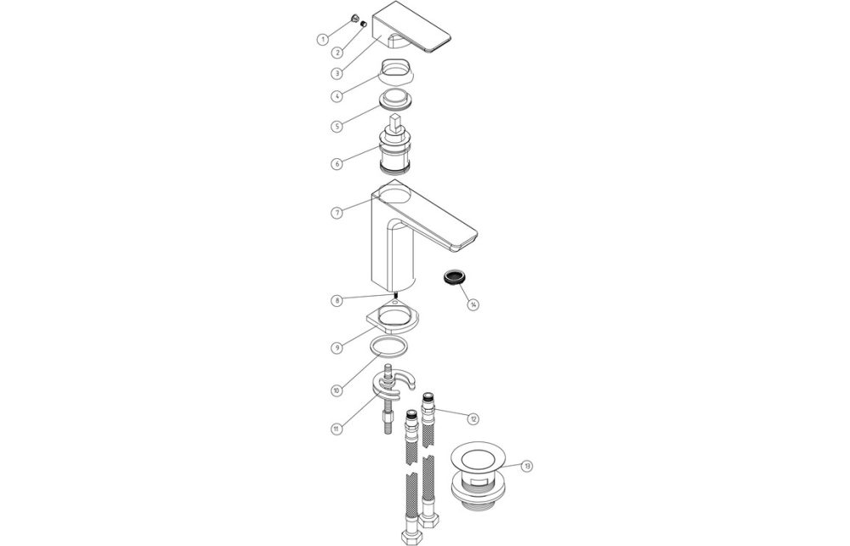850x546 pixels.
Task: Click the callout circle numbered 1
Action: point(322,38)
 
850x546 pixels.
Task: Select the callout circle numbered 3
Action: point(337,74)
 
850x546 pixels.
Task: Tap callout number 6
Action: point(337,163)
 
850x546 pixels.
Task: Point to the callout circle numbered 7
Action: point(337,212)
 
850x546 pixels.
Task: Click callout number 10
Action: point(337,390)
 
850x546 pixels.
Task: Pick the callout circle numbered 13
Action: point(528,466)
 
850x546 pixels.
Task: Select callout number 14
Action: point(473,304)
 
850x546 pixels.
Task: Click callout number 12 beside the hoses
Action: point(473,418)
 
